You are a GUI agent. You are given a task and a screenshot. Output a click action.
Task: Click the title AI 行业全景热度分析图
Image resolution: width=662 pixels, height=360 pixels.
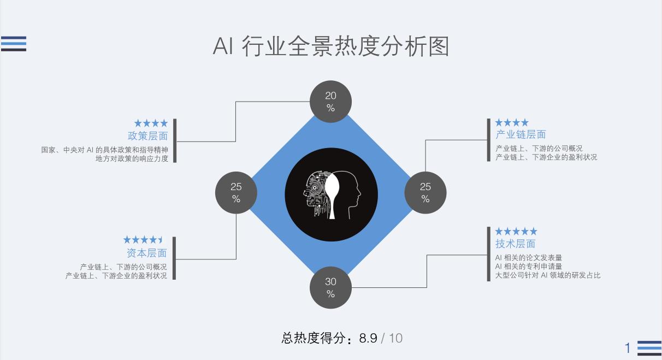point(330,46)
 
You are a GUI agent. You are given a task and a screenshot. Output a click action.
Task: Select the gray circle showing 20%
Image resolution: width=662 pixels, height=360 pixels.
point(330,102)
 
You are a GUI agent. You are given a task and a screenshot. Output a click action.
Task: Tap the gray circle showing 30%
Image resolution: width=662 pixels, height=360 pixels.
point(330,287)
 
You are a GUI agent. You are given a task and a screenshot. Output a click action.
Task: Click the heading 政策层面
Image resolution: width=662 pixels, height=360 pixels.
point(147,136)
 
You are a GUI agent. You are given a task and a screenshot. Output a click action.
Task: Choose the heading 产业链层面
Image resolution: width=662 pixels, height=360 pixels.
point(521,134)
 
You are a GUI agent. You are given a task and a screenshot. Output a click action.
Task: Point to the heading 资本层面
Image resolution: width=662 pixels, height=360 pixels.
point(146,253)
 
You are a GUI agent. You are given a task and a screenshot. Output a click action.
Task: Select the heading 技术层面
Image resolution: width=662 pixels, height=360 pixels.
point(515,244)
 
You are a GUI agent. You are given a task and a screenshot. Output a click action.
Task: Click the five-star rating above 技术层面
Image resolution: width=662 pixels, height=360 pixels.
point(516,232)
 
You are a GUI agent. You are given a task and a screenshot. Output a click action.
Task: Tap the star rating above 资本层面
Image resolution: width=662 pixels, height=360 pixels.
point(143,240)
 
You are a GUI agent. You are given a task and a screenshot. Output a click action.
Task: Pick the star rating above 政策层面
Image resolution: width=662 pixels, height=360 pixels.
point(151,123)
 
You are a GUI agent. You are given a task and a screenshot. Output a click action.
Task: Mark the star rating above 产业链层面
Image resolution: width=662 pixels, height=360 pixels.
point(512,122)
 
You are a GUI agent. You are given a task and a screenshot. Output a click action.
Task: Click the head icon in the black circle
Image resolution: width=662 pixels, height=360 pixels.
point(332,194)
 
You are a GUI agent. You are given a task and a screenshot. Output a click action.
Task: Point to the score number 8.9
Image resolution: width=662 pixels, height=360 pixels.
point(368,338)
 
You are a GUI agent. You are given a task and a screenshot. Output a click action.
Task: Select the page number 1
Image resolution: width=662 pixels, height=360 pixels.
point(628,348)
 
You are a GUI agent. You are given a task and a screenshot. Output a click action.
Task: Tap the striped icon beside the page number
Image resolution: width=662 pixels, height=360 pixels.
point(649,348)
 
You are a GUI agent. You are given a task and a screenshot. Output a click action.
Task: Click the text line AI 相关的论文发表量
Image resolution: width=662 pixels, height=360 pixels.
point(528,257)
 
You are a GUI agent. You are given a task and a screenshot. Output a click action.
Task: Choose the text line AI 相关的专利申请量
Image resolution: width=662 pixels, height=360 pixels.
point(528,266)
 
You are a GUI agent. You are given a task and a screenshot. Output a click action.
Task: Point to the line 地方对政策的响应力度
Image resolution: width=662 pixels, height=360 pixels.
point(132,158)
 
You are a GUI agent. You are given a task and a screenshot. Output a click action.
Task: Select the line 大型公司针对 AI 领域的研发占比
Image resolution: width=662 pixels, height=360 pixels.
point(547,275)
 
